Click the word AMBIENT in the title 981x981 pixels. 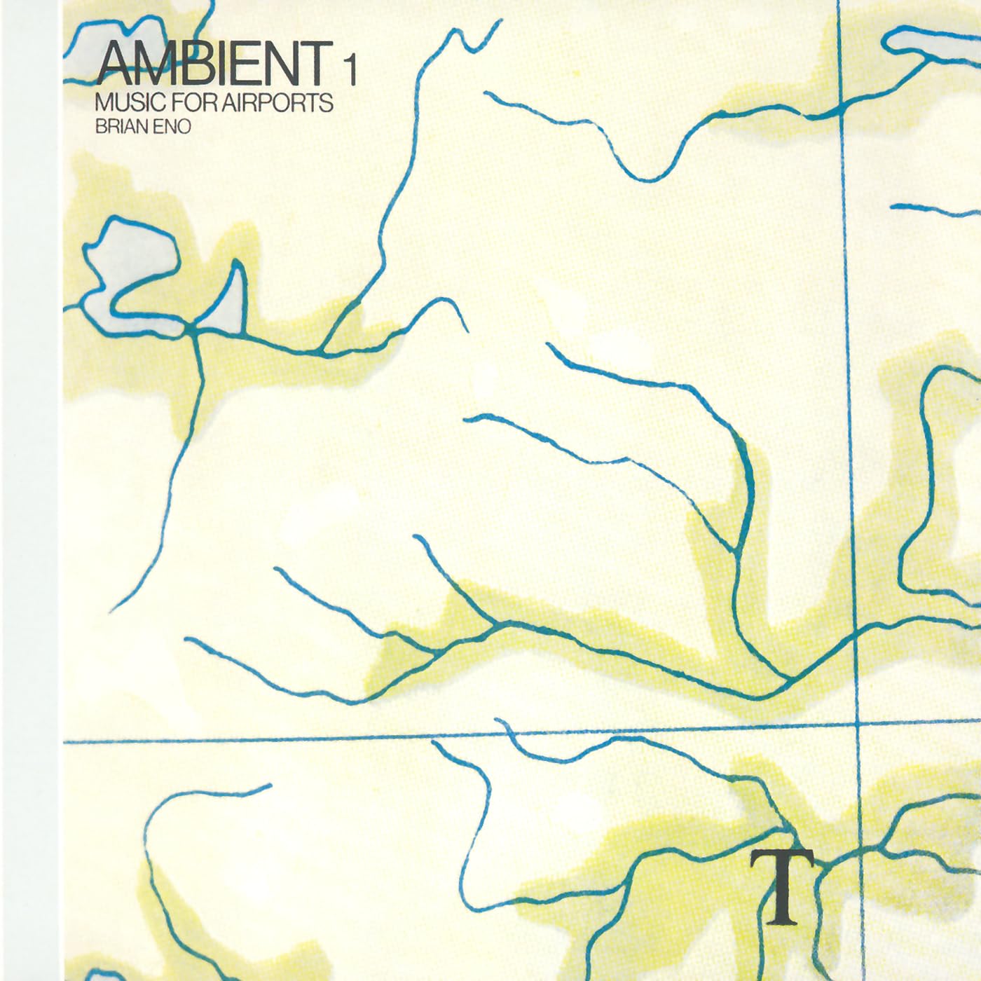pyautogui.click(x=214, y=62)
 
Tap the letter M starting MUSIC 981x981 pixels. pyautogui.click(x=103, y=104)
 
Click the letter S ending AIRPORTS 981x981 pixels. pyautogui.click(x=326, y=104)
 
